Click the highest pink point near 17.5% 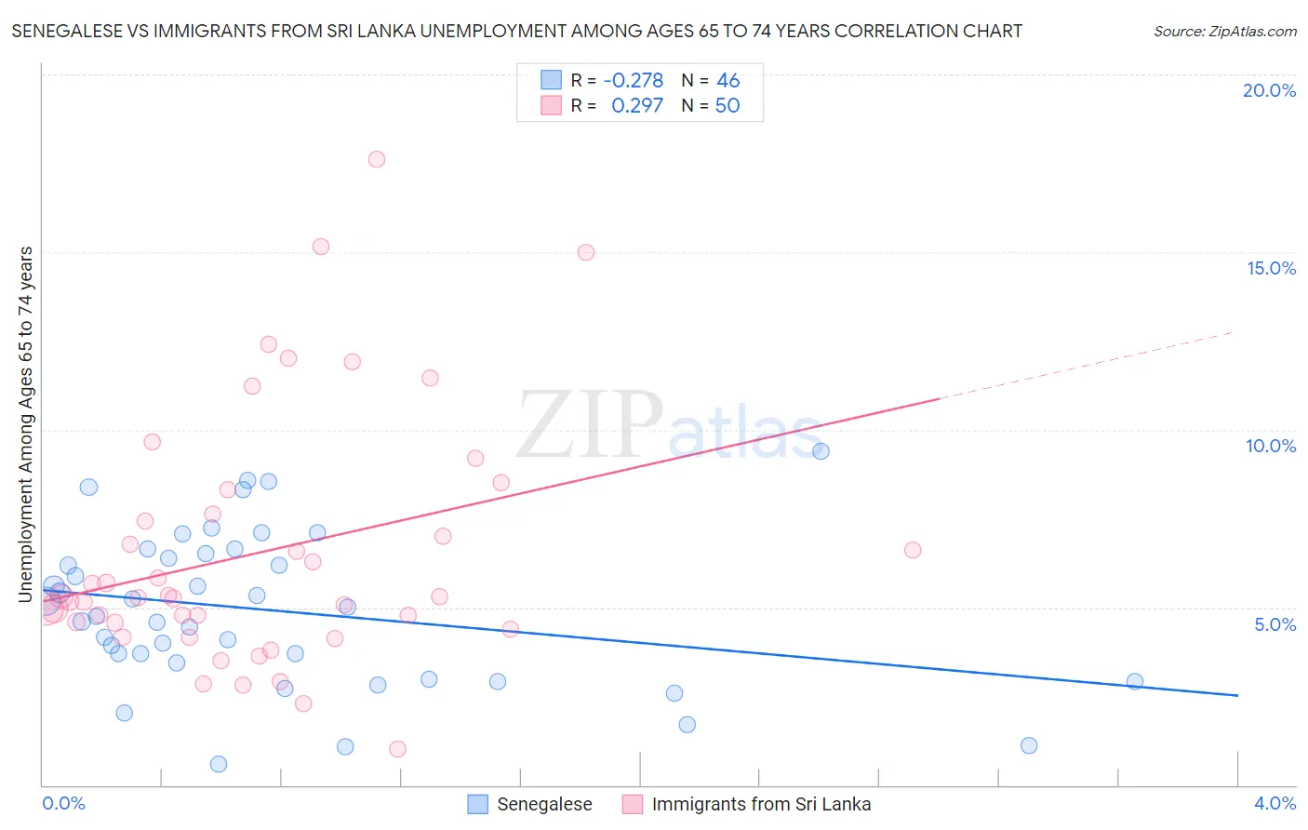point(376,159)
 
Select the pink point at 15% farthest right point(585,252)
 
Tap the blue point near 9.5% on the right point(821,451)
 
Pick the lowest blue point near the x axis point(219,764)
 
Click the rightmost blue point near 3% point(1134,681)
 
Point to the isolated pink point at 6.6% point(913,550)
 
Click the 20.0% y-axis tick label point(1269,90)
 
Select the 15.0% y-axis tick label point(1271,268)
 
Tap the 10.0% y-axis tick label point(1271,446)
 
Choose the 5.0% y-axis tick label point(1275,624)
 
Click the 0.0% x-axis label point(63,803)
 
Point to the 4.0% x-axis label point(1275,803)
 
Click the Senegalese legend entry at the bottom point(544,804)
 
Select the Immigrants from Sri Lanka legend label point(761,804)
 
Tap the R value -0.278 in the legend point(634,81)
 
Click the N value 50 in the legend point(727,105)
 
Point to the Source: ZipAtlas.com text point(1224,32)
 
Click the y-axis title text point(26,424)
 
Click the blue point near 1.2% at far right point(1028,745)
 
